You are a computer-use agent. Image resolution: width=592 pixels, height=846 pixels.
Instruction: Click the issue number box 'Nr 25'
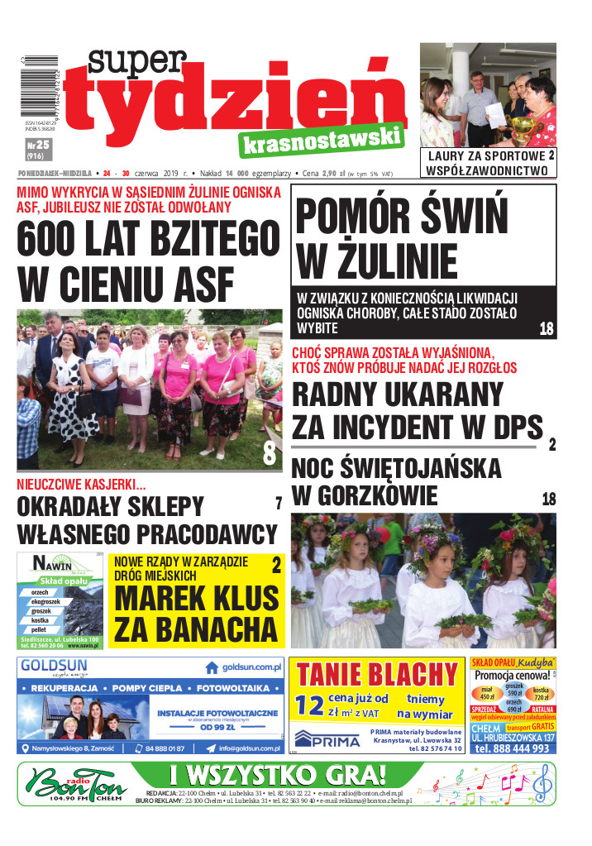coord(35,149)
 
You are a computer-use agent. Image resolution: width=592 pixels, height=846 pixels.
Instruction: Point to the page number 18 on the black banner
coord(546,328)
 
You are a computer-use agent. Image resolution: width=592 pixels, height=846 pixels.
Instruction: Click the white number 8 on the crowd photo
coord(270,453)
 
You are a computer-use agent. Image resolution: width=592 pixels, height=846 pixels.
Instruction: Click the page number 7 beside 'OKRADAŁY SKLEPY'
coord(279,503)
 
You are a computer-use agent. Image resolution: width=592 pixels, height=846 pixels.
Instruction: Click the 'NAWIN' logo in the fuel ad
coord(55,565)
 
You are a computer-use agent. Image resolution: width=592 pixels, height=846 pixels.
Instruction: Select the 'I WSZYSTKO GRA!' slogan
coord(277,776)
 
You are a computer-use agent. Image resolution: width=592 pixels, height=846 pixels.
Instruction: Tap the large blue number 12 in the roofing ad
coord(310,705)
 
